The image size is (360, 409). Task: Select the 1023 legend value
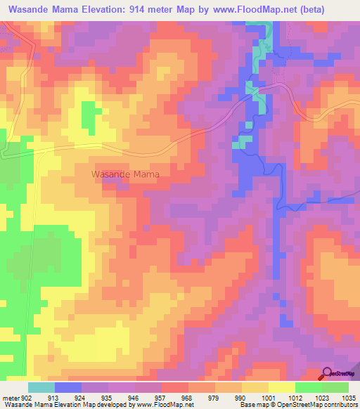click(x=321, y=397)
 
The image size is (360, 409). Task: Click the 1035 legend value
click(x=348, y=397)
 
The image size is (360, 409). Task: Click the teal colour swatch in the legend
click(x=41, y=387)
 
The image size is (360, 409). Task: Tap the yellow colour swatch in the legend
click(x=281, y=387)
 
